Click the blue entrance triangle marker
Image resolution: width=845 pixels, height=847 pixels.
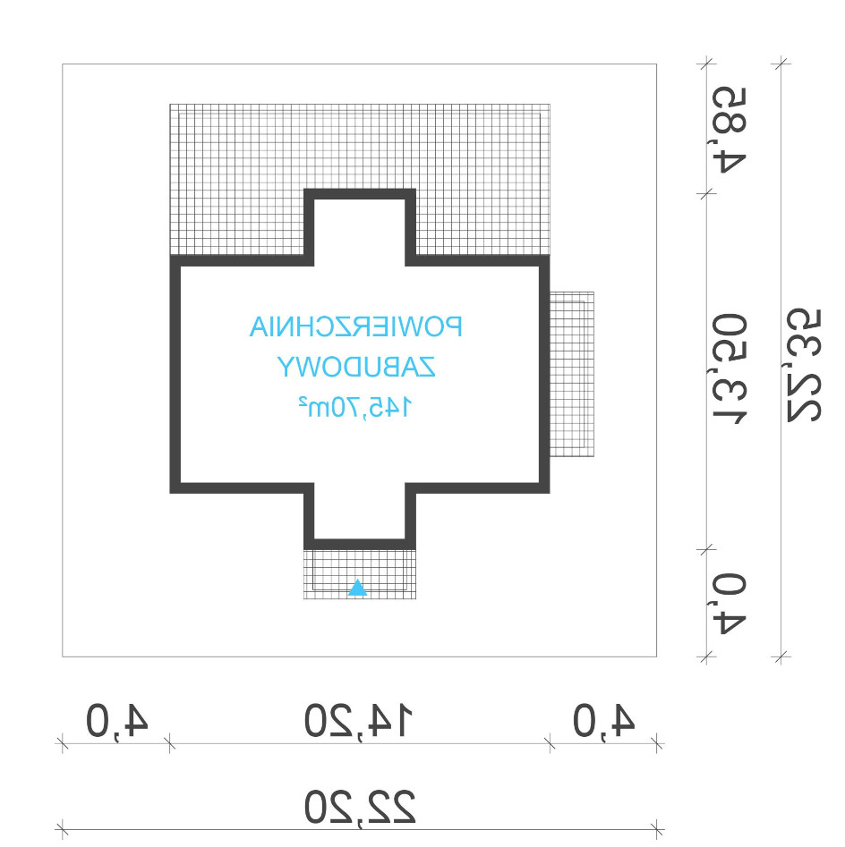[357, 589]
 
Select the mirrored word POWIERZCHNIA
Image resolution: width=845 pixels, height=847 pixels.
[355, 326]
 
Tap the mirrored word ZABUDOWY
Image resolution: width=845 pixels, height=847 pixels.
[356, 368]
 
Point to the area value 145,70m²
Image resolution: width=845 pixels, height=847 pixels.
[355, 407]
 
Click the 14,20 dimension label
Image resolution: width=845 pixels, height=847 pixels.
[359, 721]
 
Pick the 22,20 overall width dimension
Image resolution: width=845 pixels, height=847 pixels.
[360, 807]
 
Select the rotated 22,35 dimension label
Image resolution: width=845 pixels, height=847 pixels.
[803, 366]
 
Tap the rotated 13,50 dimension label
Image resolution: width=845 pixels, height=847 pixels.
[730, 369]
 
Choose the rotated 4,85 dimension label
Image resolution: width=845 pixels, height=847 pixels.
[730, 130]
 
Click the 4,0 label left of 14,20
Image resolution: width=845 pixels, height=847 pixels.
[116, 721]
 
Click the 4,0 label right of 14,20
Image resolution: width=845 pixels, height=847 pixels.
[603, 721]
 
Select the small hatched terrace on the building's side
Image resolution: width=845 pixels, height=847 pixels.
[572, 375]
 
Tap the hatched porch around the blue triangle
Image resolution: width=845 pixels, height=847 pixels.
[360, 574]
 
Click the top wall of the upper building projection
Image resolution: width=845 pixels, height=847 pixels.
[360, 194]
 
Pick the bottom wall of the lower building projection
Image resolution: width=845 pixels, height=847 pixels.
[360, 544]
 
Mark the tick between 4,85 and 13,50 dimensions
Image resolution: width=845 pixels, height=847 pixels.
[706, 194]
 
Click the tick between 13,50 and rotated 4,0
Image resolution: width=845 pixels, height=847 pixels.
[706, 550]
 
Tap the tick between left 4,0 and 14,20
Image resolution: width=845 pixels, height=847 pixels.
[170, 743]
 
